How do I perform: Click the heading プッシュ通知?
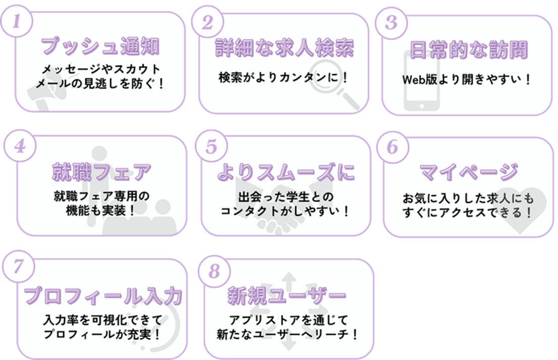pos(100,47)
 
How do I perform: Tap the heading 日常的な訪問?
pos(468,49)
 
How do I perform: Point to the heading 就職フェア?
pos(101,172)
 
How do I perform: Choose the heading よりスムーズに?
pos(286,172)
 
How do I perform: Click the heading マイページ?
pos(468,172)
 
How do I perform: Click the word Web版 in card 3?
pos(416,80)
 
